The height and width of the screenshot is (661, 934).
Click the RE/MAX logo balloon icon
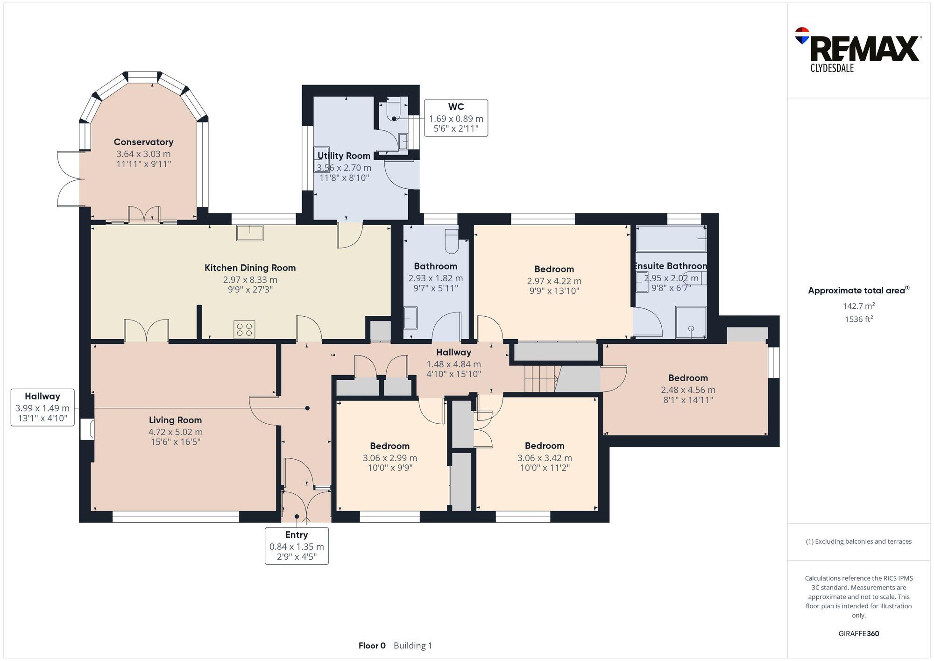[802, 36]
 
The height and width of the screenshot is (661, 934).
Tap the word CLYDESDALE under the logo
[832, 68]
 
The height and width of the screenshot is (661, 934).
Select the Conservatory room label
[143, 142]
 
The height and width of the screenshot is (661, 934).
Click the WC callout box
[456, 118]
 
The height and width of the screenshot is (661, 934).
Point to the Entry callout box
[297, 546]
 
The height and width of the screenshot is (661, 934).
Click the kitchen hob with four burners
[244, 329]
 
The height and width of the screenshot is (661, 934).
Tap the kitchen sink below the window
[250, 232]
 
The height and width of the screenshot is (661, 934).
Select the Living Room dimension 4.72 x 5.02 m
[175, 432]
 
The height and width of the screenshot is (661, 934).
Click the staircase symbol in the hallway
[541, 378]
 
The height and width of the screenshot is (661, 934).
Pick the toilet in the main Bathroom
[452, 241]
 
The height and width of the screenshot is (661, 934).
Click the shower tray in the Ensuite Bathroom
[691, 322]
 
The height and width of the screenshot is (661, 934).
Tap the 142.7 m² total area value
[858, 306]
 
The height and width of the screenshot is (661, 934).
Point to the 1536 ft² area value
[858, 320]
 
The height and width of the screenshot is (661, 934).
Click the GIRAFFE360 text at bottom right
[858, 633]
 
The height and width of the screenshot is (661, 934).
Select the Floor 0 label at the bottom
[372, 646]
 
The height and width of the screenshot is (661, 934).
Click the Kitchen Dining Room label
[250, 268]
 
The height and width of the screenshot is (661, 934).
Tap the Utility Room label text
[344, 156]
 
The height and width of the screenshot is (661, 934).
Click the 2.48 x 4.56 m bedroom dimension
[687, 390]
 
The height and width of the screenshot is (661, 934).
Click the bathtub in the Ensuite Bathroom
[671, 239]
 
